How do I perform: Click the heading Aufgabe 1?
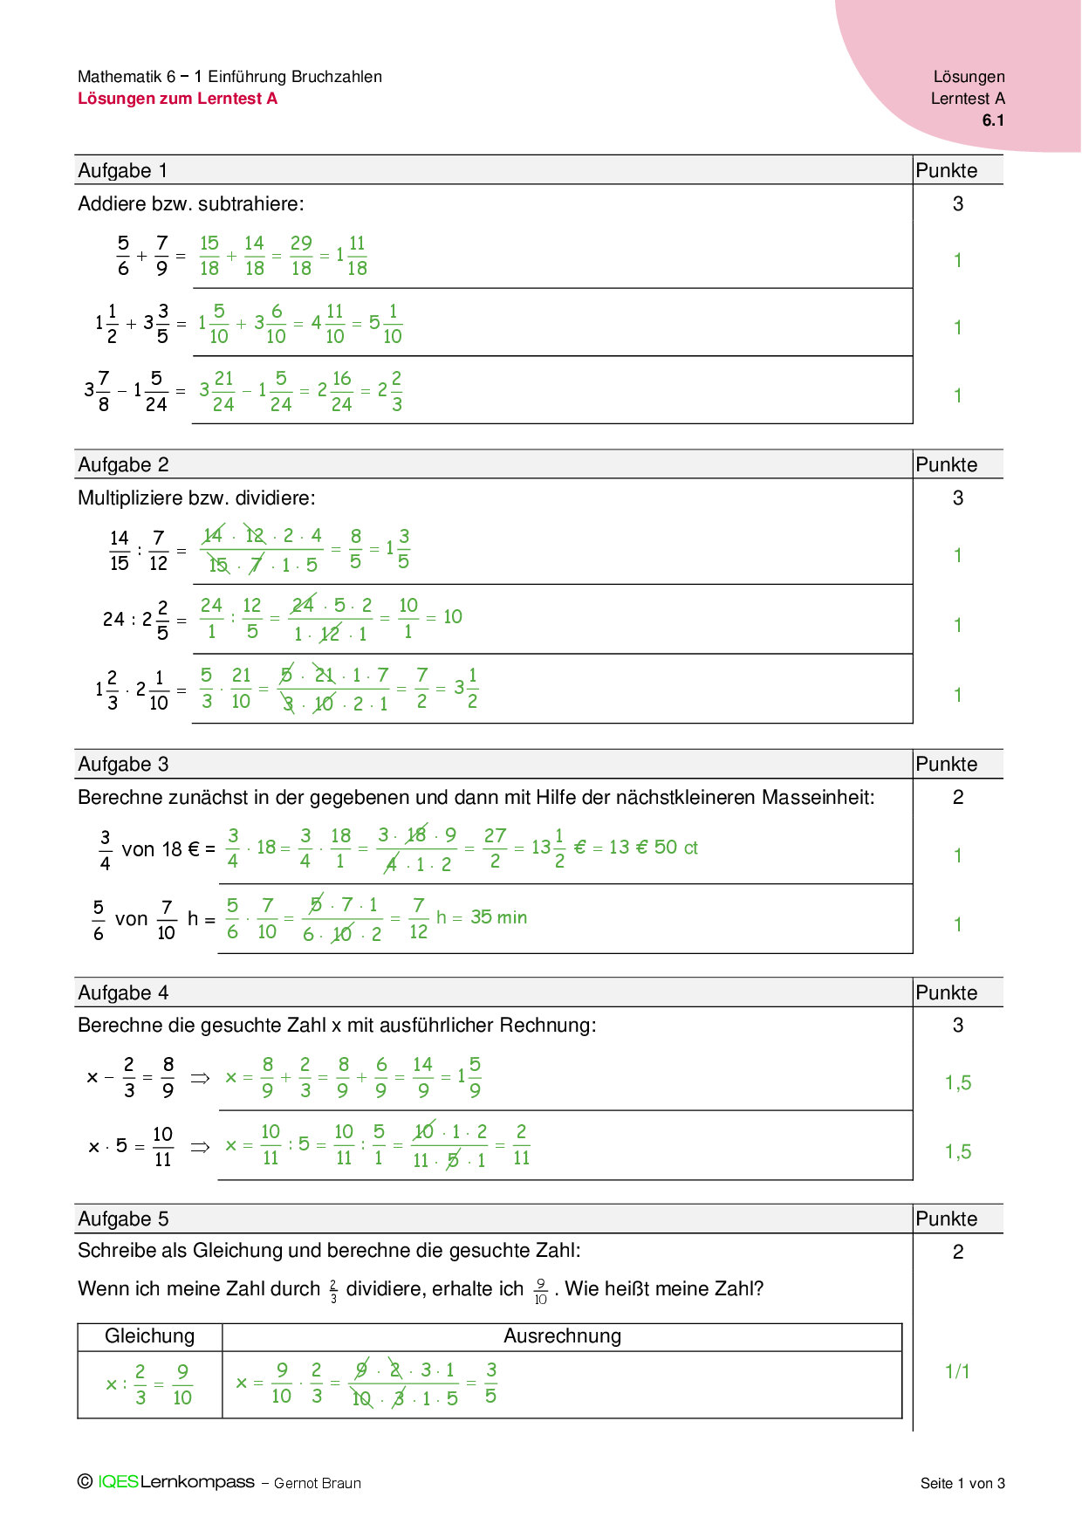[122, 171]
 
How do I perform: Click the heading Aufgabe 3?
[123, 765]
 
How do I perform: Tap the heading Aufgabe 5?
[123, 1219]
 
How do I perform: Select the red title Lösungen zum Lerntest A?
[177, 99]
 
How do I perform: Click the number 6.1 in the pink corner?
[993, 120]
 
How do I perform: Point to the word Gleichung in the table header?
[149, 1336]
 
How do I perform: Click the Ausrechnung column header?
[562, 1336]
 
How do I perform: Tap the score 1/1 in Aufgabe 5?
[957, 1372]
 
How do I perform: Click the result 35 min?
[499, 917]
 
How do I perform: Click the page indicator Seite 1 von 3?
[962, 1483]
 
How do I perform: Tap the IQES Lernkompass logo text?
[175, 1482]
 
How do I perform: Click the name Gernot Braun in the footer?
[317, 1483]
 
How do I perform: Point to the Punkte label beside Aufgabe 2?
[946, 465]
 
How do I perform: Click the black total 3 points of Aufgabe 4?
[957, 1026]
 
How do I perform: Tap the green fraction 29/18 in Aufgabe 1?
[301, 256]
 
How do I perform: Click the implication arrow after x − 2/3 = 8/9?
[201, 1079]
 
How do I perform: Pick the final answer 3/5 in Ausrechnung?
[491, 1383]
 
